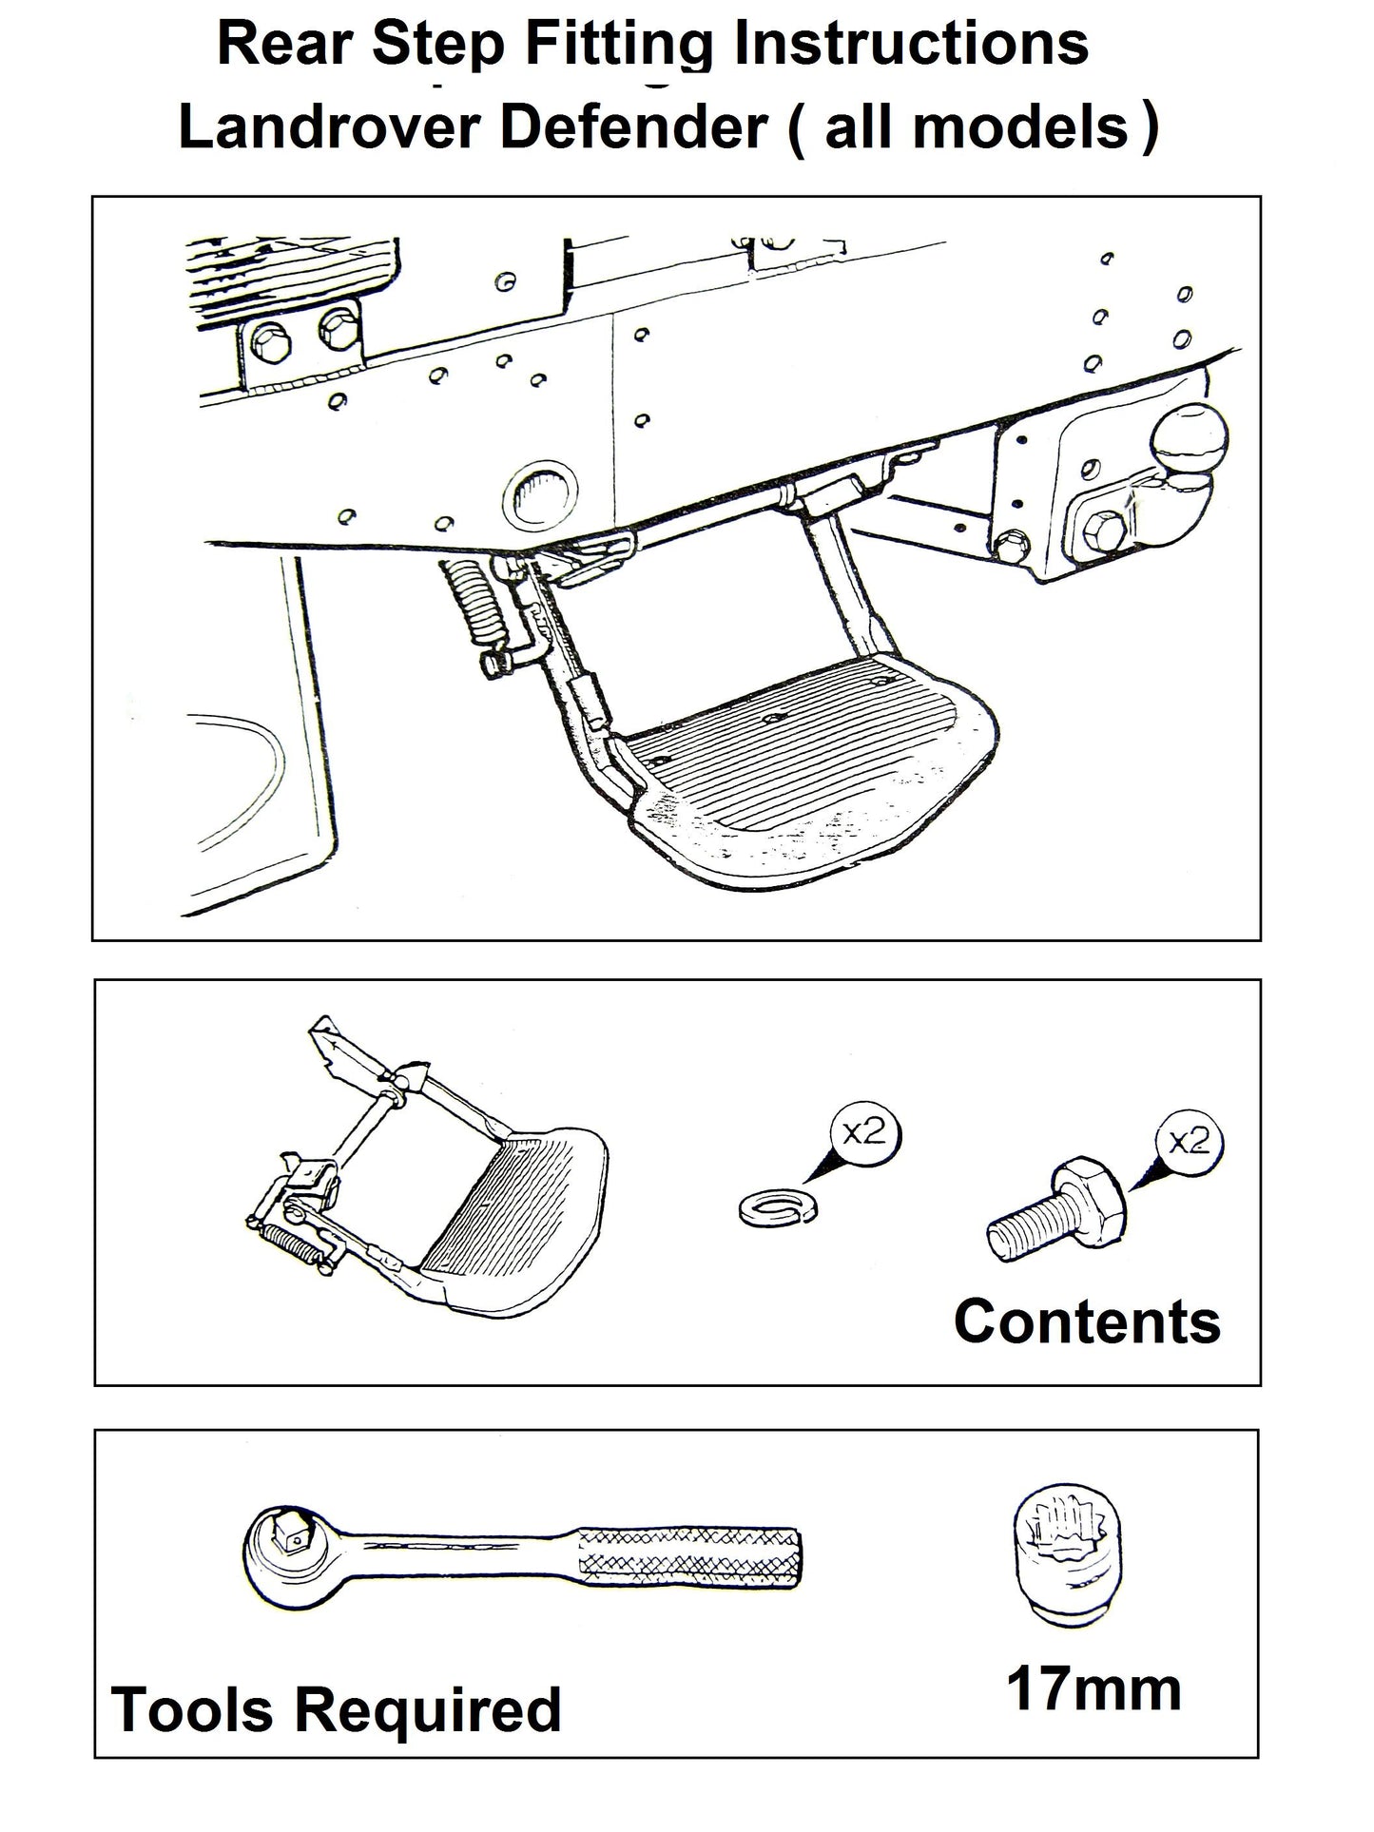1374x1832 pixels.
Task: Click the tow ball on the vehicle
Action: pos(1189,441)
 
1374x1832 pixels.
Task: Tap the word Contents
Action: pos(1086,1321)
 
